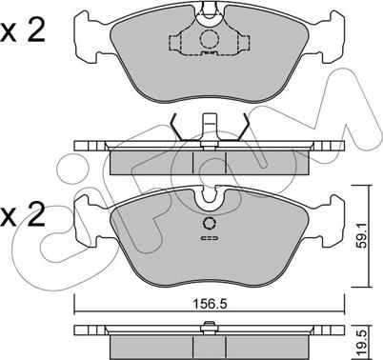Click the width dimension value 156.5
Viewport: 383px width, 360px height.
210,304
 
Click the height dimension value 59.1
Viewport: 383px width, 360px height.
361,235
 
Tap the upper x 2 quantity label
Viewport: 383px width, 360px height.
23,31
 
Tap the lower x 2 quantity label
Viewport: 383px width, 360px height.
23,216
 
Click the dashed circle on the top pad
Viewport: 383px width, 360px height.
210,39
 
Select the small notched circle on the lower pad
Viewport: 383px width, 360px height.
210,224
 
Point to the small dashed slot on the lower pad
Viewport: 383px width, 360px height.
210,238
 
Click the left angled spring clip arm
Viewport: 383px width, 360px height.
175,127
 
